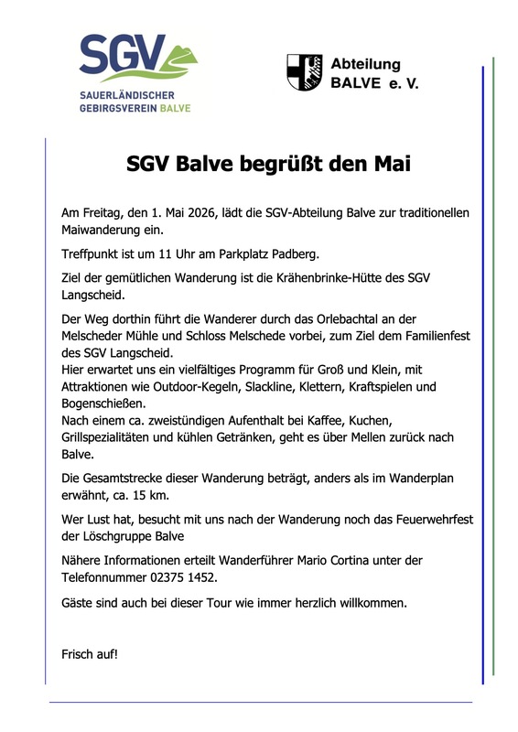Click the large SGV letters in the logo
(122, 58)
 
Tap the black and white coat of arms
(305, 71)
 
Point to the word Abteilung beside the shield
(365, 63)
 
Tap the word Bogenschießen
(103, 404)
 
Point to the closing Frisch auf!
(90, 654)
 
